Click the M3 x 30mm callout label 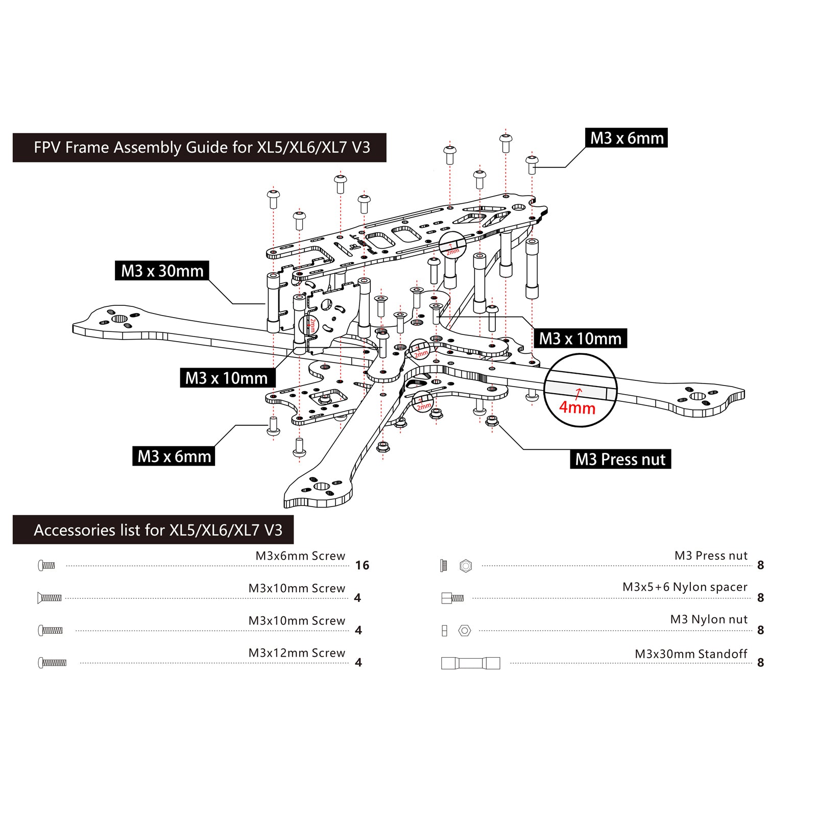(x=162, y=271)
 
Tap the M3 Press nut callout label (x=620, y=459)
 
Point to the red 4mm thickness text (x=577, y=407)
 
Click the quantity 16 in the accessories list (x=362, y=565)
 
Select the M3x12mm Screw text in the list (x=297, y=653)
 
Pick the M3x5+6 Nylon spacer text (x=684, y=587)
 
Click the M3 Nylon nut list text (x=708, y=619)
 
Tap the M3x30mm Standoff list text (x=690, y=654)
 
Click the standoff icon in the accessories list (x=470, y=663)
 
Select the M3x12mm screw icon (x=52, y=663)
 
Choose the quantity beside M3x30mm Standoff (x=760, y=663)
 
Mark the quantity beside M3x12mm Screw (x=358, y=663)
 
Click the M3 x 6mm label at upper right (x=627, y=138)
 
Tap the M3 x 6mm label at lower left (x=174, y=456)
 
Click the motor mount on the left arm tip (x=119, y=319)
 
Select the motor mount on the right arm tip (x=697, y=396)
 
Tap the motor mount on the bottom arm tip (x=322, y=486)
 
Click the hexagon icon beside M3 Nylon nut (x=465, y=631)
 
